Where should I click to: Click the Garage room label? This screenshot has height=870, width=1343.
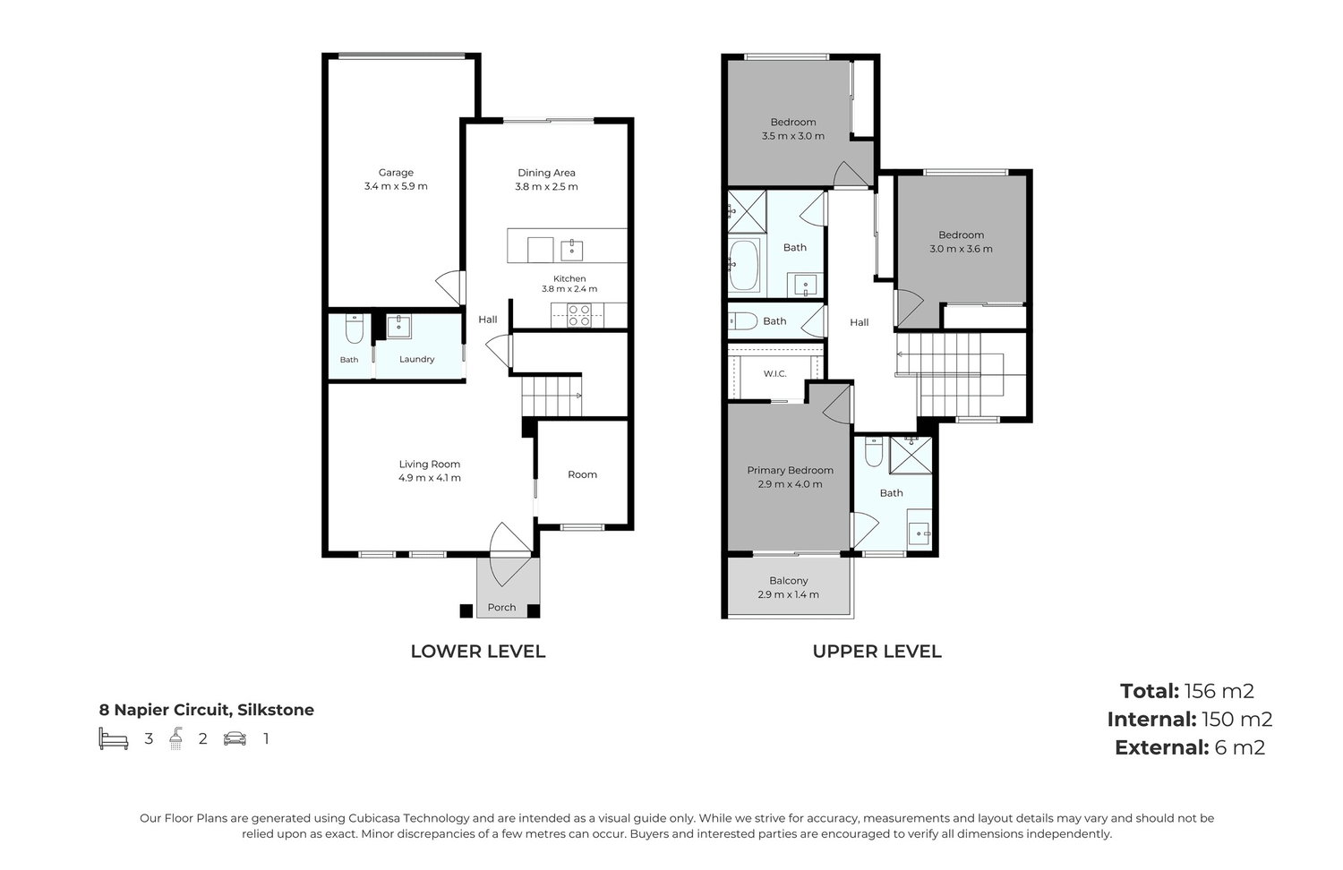tap(396, 173)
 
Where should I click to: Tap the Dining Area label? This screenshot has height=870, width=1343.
tap(546, 173)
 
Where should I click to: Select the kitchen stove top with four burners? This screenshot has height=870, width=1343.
tap(579, 315)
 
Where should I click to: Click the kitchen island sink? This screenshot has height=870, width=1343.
tap(571, 250)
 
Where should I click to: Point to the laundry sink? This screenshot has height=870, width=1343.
tap(398, 327)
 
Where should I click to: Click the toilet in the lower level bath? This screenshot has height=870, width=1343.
tap(355, 328)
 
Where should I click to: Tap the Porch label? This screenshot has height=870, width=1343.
tap(501, 607)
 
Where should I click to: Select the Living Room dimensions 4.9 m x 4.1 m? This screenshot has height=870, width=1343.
tap(429, 478)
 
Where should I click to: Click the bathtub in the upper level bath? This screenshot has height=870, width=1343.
tap(744, 266)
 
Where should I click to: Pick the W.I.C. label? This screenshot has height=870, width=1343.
tap(774, 373)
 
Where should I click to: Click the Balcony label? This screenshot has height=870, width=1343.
tap(789, 580)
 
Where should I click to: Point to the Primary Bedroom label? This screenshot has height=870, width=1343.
tap(791, 470)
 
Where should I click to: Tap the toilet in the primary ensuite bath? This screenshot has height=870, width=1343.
tap(874, 452)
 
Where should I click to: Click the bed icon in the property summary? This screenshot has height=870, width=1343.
tap(114, 738)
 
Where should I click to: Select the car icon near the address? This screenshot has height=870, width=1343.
tap(235, 738)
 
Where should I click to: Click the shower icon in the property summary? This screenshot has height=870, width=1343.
tap(175, 738)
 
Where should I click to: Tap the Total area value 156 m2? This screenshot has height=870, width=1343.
tap(1219, 691)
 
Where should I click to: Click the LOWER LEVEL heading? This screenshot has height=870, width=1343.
tap(478, 652)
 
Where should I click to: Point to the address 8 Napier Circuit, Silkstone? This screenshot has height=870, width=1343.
tap(206, 710)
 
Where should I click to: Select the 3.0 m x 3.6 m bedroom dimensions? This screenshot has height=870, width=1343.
tap(961, 249)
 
